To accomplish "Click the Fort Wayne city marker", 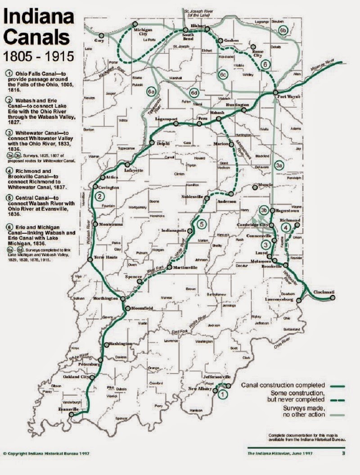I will (x=275, y=93).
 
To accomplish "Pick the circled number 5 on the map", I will (x=202, y=223).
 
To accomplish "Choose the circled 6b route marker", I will (x=283, y=30).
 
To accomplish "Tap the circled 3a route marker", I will (x=279, y=166).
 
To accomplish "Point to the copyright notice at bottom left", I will (x=45, y=453).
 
